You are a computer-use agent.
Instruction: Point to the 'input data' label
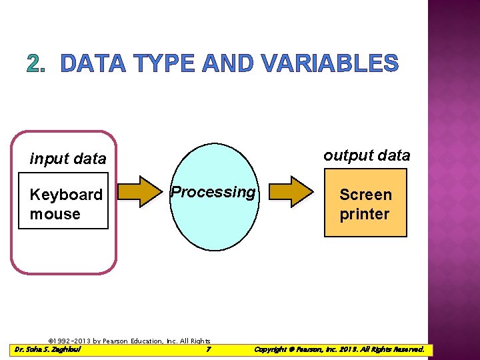pos(68,159)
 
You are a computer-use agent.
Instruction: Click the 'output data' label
pos(367,155)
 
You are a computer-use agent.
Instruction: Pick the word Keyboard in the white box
pos(66,195)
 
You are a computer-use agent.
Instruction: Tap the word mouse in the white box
pos(55,214)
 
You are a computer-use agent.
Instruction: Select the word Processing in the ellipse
pos(213,192)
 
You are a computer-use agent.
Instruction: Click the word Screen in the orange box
pos(365,195)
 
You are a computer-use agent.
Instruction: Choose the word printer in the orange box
pos(364,214)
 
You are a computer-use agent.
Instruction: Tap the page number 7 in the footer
pos(209,349)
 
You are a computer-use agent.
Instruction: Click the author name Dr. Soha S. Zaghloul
pos(47,349)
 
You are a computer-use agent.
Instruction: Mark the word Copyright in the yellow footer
pos(271,349)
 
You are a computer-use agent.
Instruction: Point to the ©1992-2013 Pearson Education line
pos(130,341)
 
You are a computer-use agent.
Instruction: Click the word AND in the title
pos(230,63)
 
